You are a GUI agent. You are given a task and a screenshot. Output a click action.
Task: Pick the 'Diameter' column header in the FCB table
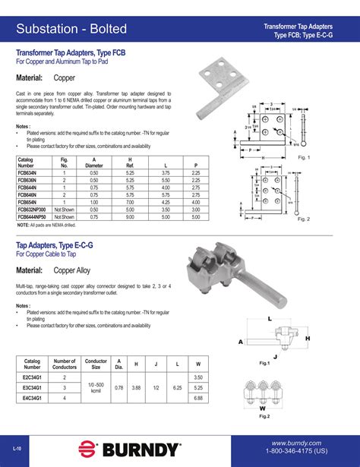94,164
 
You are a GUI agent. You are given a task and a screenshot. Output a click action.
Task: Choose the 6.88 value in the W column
198,397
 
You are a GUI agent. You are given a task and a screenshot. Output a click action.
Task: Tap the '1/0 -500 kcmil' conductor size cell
96,387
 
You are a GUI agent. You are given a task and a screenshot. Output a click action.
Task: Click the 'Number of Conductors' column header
65,364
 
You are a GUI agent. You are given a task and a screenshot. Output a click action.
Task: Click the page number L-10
17,449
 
